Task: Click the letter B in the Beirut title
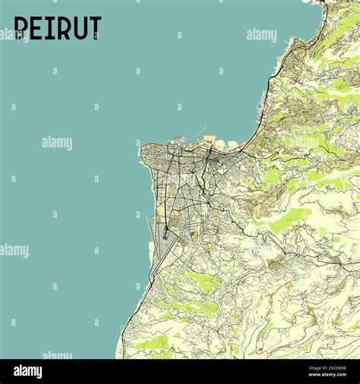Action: click(x=21, y=28)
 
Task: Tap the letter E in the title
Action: click(x=36, y=28)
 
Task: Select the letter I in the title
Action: click(x=49, y=28)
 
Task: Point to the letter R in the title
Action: click(x=61, y=28)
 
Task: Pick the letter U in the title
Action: click(x=77, y=28)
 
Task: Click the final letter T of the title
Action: click(x=94, y=28)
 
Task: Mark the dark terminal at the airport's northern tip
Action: click(x=165, y=234)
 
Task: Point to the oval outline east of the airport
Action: click(x=194, y=237)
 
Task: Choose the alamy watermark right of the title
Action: click(x=261, y=35)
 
